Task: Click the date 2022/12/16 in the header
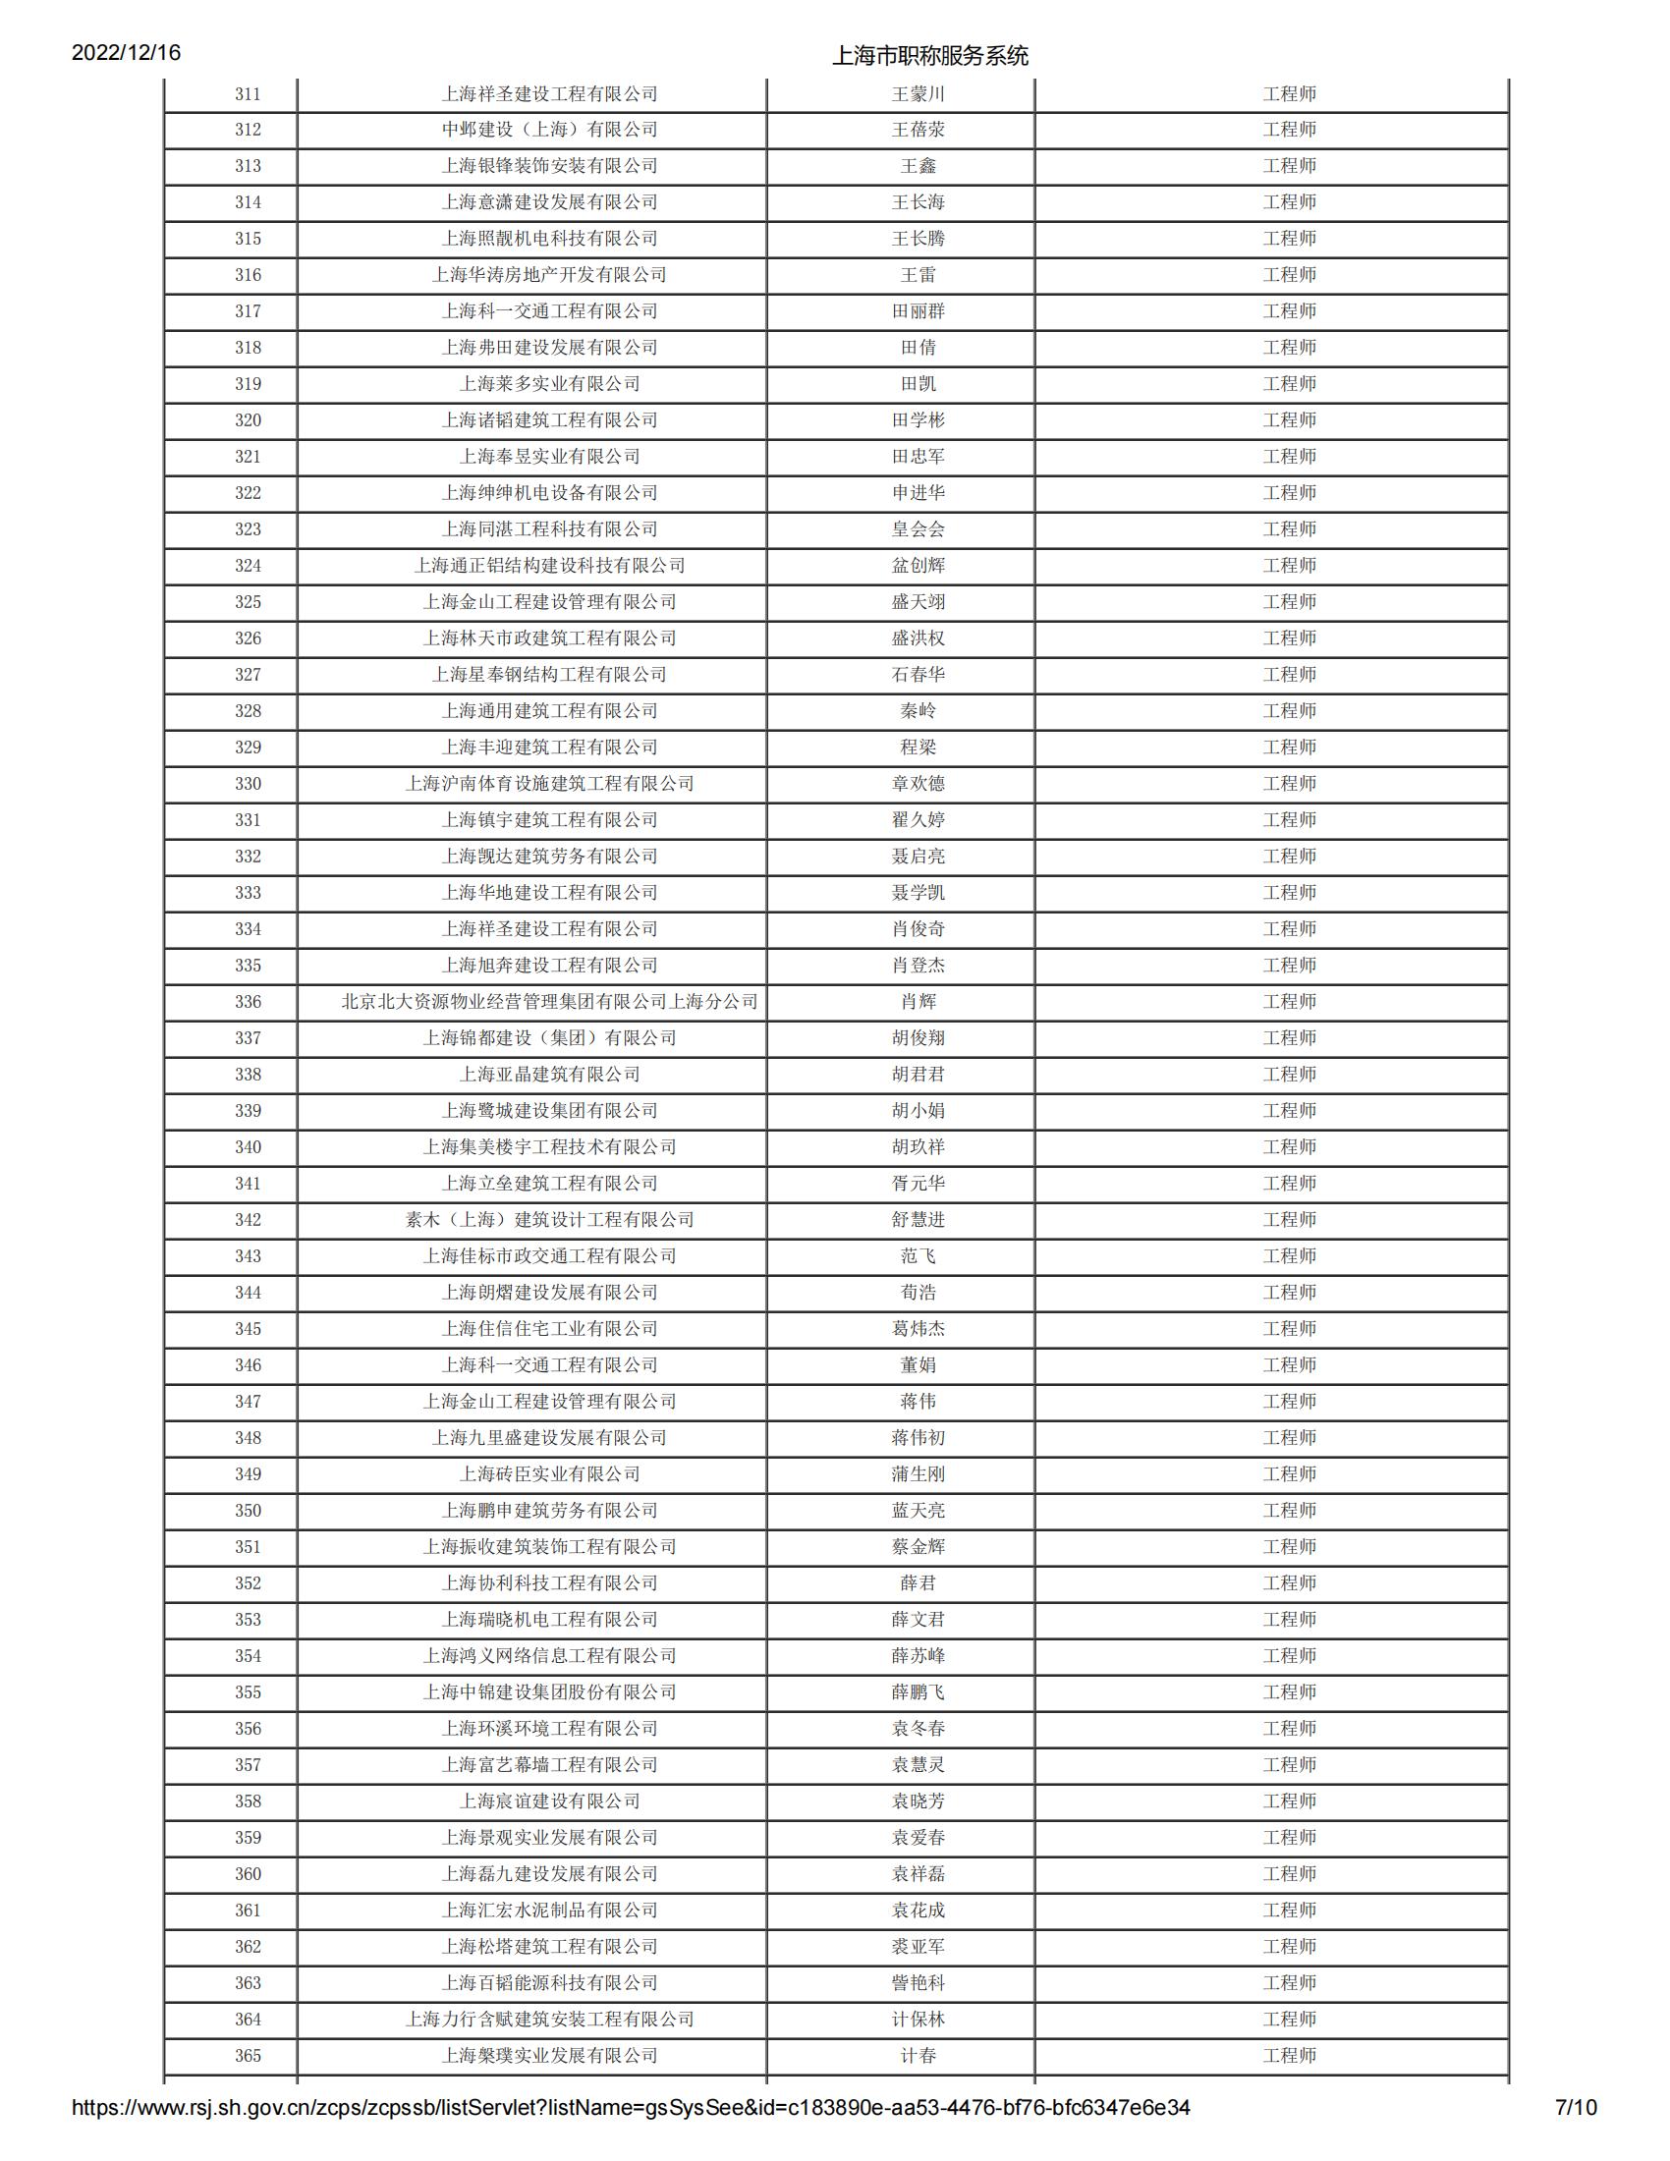point(126,52)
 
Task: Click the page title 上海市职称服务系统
point(930,55)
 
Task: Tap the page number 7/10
point(1576,2108)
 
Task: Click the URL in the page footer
point(631,2108)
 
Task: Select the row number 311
point(248,94)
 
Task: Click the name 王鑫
point(918,166)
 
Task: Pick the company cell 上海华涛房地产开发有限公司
point(549,275)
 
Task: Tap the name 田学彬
point(918,420)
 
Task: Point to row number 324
point(248,566)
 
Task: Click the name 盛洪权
point(918,638)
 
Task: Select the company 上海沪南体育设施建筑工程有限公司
point(549,784)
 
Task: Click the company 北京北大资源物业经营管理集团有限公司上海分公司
point(549,1001)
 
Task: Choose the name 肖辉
point(918,1001)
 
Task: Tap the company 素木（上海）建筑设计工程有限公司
point(549,1220)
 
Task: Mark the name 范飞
point(918,1256)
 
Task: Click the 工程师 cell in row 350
point(1289,1511)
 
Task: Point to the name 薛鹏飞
point(918,1692)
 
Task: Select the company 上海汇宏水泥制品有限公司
point(549,1911)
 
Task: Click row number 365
point(248,2056)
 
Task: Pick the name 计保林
point(918,2020)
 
